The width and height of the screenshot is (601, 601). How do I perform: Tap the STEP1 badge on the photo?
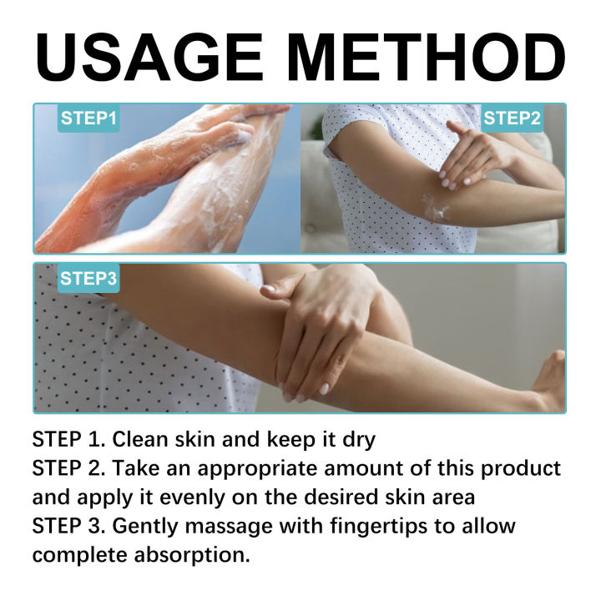click(x=88, y=119)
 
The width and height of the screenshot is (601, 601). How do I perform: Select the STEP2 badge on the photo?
click(x=513, y=119)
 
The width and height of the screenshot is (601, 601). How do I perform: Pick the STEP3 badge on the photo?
click(x=88, y=279)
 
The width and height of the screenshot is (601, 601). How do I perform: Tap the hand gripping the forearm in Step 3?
click(x=321, y=326)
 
